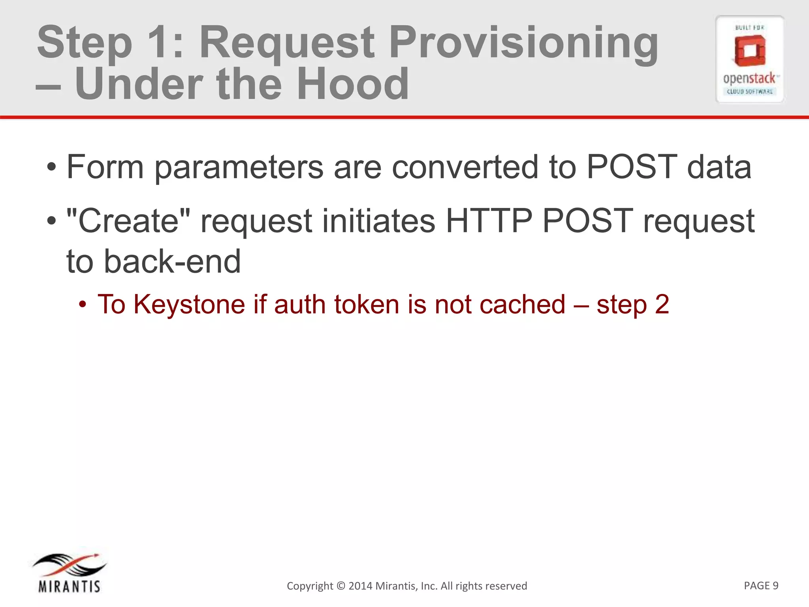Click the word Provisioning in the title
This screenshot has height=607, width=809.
[523, 43]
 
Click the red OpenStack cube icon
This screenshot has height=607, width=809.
[750, 51]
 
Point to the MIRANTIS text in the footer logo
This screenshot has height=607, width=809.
[70, 586]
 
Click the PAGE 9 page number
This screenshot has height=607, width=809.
[761, 585]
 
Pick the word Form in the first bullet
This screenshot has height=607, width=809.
[105, 167]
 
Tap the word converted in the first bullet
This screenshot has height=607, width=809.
[465, 167]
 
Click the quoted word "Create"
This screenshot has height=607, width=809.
[128, 221]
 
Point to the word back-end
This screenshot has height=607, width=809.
[172, 261]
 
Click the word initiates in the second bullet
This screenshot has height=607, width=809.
[378, 221]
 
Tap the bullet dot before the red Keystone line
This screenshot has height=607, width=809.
[82, 305]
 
